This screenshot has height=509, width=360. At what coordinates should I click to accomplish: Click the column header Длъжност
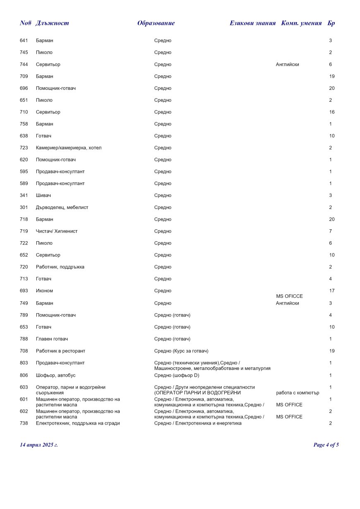[52, 23]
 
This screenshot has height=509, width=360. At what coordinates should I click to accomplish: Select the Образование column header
[156, 23]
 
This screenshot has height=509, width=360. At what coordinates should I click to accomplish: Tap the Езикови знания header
[252, 23]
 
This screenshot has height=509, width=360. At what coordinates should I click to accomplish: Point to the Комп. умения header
[301, 23]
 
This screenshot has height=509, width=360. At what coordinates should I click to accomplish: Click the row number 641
[24, 41]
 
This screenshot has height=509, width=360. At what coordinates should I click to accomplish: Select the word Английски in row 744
[287, 65]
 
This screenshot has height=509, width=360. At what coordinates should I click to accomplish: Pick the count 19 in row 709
[332, 77]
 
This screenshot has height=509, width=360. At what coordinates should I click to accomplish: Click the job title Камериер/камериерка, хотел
[69, 148]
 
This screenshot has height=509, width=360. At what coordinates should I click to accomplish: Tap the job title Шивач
[43, 195]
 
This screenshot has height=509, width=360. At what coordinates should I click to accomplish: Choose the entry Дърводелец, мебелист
[62, 207]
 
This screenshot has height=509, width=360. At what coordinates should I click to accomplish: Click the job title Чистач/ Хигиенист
[57, 231]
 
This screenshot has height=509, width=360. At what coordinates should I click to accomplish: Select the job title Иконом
[44, 291]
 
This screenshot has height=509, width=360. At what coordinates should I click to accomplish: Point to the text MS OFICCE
[289, 296]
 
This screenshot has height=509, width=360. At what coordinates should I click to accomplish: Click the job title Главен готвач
[52, 339]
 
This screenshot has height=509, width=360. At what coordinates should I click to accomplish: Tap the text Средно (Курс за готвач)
[181, 351]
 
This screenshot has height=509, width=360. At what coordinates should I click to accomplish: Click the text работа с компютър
[298, 393]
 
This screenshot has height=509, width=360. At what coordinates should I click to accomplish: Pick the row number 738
[24, 423]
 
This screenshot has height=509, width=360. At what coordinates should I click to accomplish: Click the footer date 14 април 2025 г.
[39, 445]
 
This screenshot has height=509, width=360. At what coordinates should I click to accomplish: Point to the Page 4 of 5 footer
[326, 445]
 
